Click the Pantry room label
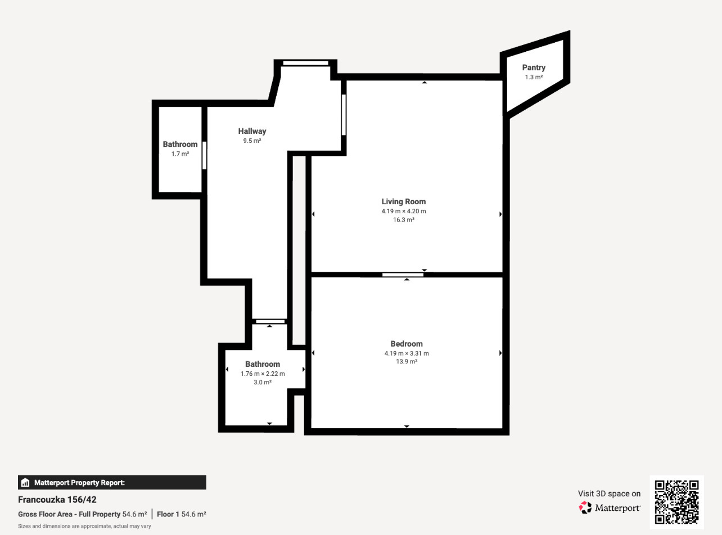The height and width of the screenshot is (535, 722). pyautogui.click(x=534, y=68)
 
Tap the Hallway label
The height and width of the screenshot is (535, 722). pyautogui.click(x=252, y=131)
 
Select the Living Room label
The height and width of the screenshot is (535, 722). pyautogui.click(x=404, y=201)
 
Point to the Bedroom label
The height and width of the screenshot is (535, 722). pyautogui.click(x=407, y=343)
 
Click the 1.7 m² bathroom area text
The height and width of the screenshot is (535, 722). pyautogui.click(x=180, y=154)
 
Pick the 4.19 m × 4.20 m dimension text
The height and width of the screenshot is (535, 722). pyautogui.click(x=404, y=211)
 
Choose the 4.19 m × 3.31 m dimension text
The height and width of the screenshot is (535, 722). pyautogui.click(x=407, y=353)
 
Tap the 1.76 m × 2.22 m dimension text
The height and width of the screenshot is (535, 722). pyautogui.click(x=263, y=374)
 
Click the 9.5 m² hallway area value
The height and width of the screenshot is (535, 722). pyautogui.click(x=252, y=141)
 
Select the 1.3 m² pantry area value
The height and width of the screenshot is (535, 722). pyautogui.click(x=534, y=77)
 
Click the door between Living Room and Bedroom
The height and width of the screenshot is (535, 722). pyautogui.click(x=403, y=275)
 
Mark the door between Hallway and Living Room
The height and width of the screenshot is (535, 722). pyautogui.click(x=344, y=115)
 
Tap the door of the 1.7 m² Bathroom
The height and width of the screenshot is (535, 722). pyautogui.click(x=204, y=155)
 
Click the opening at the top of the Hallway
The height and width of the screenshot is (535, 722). pyautogui.click(x=306, y=63)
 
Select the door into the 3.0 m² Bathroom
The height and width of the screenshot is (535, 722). pyautogui.click(x=270, y=321)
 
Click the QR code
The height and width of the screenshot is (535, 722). pyautogui.click(x=677, y=502)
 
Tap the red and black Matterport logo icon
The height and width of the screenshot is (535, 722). pyautogui.click(x=585, y=507)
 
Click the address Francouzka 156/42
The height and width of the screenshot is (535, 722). pyautogui.click(x=57, y=500)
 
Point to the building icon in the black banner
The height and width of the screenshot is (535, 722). pyautogui.click(x=25, y=483)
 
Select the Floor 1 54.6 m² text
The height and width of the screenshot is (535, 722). pyautogui.click(x=181, y=514)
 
